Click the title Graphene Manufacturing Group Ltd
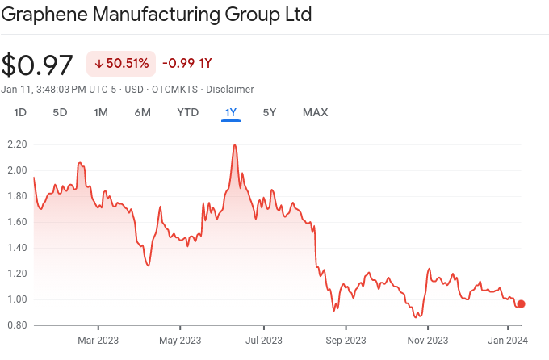[x=157, y=15]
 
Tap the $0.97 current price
[x=37, y=65]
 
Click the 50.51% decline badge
[x=120, y=63]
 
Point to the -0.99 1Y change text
[x=187, y=63]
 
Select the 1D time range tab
[x=20, y=112]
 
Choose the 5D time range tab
[x=60, y=112]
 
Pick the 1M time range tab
[x=101, y=112]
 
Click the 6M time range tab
[x=143, y=112]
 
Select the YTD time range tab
[x=187, y=112]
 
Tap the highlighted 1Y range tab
[x=231, y=112]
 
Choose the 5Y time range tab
[x=270, y=112]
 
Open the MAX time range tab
[x=315, y=112]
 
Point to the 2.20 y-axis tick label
[x=17, y=144]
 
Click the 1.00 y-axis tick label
[x=17, y=299]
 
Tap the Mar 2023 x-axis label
[x=98, y=340]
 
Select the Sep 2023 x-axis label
[x=345, y=340]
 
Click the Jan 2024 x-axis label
[x=508, y=340]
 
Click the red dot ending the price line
[x=522, y=303]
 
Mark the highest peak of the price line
[x=234, y=145]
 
